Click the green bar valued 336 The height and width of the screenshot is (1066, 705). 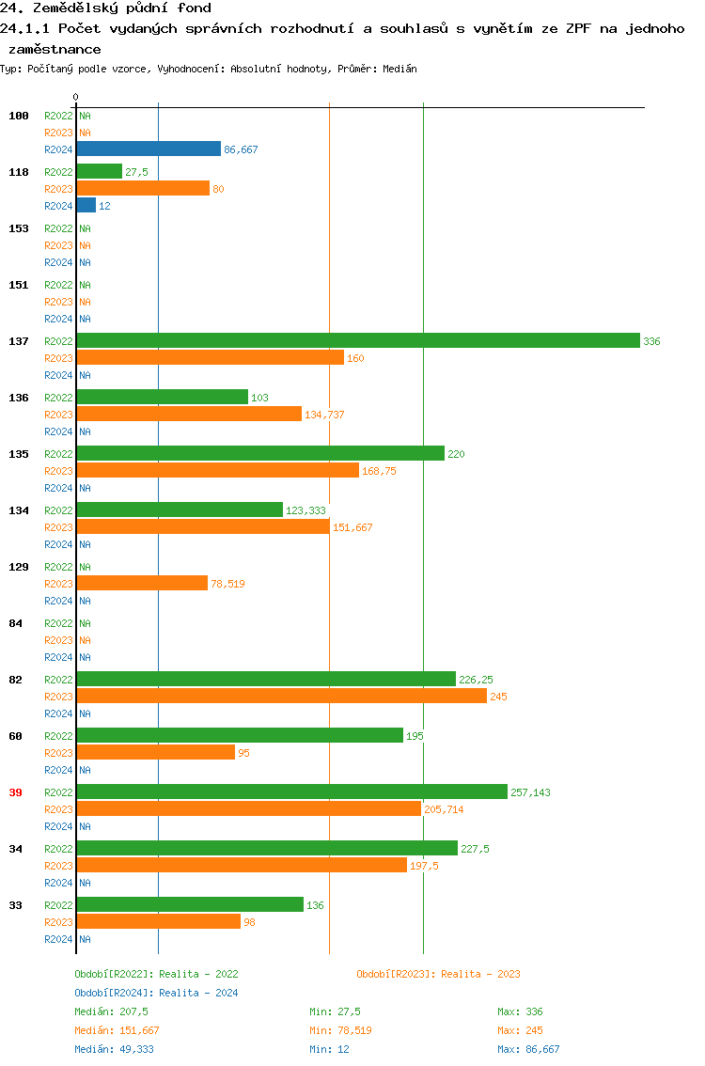pyautogui.click(x=357, y=341)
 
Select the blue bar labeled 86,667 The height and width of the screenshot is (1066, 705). pyautogui.click(x=149, y=149)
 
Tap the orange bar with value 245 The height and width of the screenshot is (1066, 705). pyautogui.click(x=281, y=697)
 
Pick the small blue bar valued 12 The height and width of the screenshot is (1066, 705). pyautogui.click(x=86, y=206)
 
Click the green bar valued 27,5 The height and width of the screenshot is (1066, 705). pyautogui.click(x=99, y=172)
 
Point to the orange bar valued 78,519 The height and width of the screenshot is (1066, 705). pyautogui.click(x=142, y=584)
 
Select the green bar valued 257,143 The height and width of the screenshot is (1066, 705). pyautogui.click(x=291, y=792)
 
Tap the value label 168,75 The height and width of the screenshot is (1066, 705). pyautogui.click(x=379, y=471)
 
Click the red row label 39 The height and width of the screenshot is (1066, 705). pyautogui.click(x=15, y=792)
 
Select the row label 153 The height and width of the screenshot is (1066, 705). pyautogui.click(x=19, y=228)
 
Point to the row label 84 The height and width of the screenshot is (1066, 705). pyautogui.click(x=15, y=623)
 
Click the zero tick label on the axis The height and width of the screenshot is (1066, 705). pyautogui.click(x=76, y=98)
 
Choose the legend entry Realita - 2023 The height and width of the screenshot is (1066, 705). pyautogui.click(x=438, y=974)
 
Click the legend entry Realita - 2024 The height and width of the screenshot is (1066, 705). pyautogui.click(x=156, y=993)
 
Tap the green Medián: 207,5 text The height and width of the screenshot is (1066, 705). pyautogui.click(x=111, y=1011)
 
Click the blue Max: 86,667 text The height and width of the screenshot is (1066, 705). pyautogui.click(x=528, y=1049)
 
